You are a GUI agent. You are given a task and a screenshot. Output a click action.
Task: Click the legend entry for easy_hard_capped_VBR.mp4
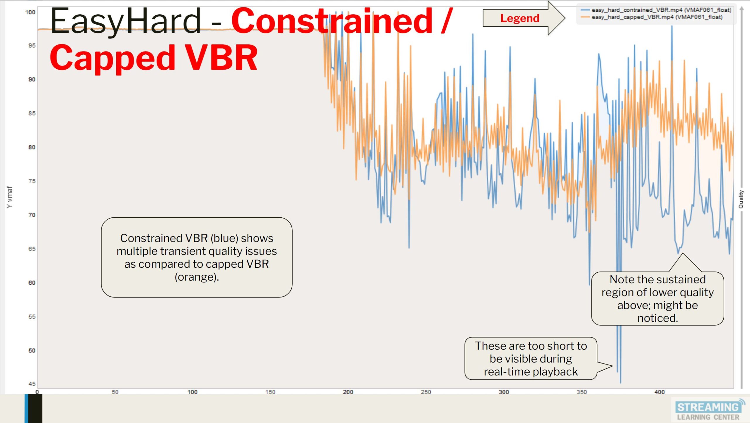(656, 17)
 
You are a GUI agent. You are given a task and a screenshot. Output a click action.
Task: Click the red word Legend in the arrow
(519, 18)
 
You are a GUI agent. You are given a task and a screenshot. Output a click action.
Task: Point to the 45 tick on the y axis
(32, 384)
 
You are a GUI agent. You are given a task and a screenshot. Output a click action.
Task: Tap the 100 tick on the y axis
(30, 12)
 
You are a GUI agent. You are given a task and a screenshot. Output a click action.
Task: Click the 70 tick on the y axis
(32, 215)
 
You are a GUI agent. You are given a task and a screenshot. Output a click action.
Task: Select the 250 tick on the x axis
(426, 392)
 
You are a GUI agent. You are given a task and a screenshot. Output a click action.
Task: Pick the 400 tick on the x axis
(659, 392)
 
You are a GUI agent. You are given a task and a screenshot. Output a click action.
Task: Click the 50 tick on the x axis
(115, 392)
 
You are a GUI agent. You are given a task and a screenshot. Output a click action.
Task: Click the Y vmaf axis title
(10, 197)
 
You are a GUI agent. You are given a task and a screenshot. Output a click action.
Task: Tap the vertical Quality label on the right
(741, 199)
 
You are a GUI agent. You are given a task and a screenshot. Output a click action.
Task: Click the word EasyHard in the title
(125, 21)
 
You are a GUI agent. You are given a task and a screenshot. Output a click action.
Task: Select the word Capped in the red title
(112, 58)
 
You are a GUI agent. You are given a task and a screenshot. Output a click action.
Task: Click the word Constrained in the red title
(333, 21)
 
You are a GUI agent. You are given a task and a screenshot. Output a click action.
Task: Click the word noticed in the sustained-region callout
(657, 318)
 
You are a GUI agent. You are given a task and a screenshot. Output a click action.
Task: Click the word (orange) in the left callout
(197, 277)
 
